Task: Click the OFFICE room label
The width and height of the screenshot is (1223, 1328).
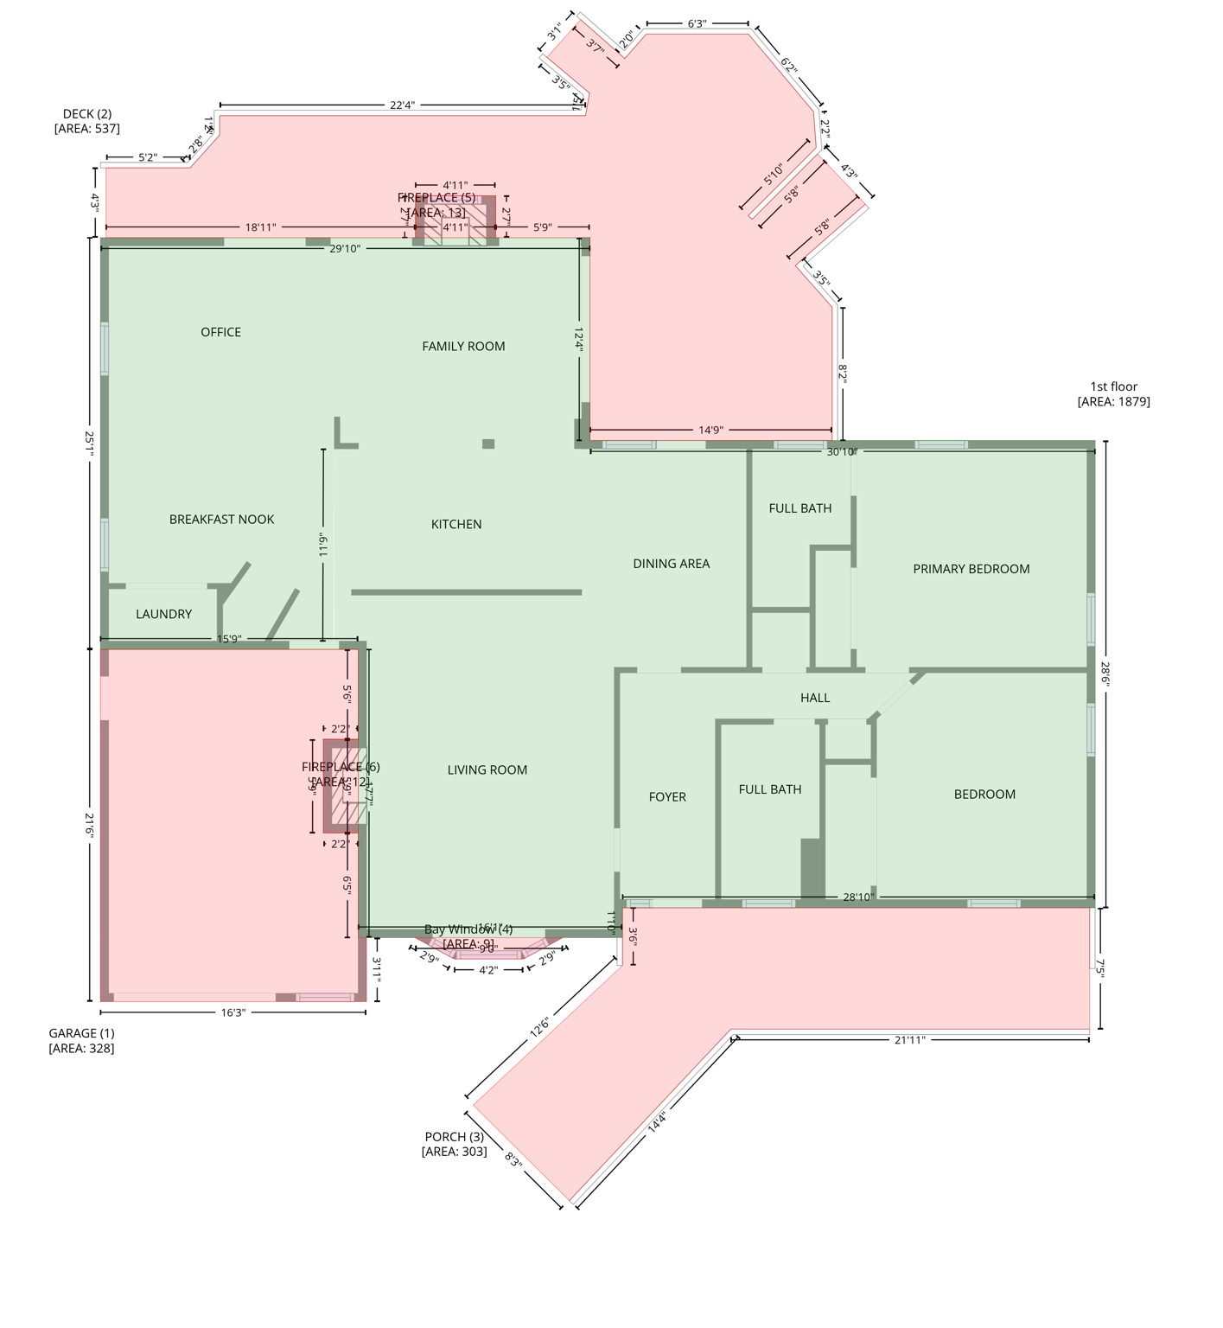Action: point(220,332)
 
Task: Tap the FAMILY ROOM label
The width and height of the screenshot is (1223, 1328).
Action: point(463,346)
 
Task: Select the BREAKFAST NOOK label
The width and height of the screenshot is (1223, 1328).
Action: point(221,519)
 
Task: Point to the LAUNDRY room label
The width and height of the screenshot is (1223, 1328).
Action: point(163,614)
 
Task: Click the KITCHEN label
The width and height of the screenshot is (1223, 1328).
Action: point(456,524)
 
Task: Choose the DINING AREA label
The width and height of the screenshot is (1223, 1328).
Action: point(671,564)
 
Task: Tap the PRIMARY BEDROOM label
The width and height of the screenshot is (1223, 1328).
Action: point(971,569)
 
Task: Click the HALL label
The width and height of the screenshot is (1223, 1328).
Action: point(814,698)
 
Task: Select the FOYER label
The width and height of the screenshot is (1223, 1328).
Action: point(667,797)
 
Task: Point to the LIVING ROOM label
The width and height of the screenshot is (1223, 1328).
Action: point(487,770)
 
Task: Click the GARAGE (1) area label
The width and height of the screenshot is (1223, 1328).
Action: point(81,1040)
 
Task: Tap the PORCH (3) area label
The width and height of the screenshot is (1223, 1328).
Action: point(454,1144)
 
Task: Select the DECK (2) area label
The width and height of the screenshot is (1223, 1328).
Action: point(86,121)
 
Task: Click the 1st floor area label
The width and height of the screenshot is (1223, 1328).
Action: point(1113,393)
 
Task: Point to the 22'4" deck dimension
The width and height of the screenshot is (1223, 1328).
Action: point(402,105)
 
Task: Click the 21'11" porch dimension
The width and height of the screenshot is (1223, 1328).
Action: point(909,1040)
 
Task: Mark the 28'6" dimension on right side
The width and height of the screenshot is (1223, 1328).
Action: point(1105,674)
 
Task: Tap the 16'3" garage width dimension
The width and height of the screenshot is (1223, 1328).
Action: point(232,1012)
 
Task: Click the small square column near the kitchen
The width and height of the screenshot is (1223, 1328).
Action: point(488,444)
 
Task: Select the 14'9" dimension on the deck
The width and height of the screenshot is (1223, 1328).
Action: point(710,430)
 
